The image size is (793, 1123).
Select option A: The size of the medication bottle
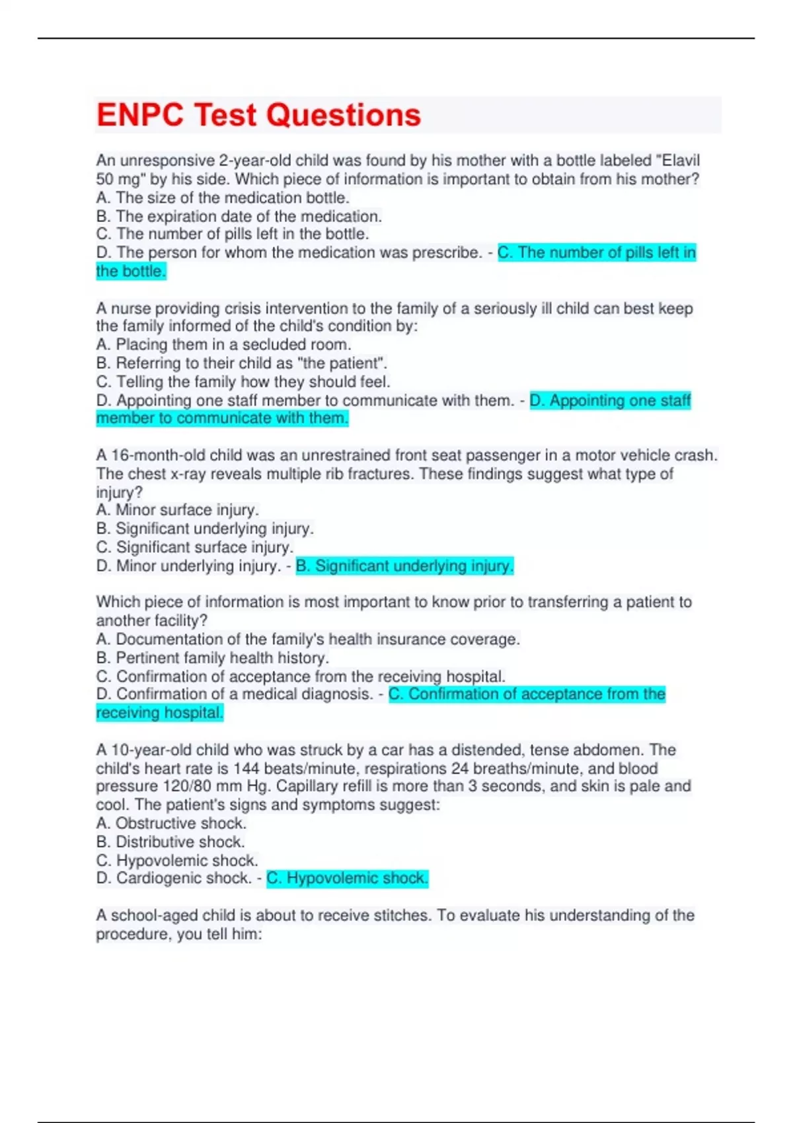pos(223,198)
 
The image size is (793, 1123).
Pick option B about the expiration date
pos(239,216)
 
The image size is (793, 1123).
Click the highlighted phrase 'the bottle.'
pos(131,271)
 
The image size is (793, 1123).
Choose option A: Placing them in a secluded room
pos(223,344)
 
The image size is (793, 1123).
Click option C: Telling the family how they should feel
pos(243,381)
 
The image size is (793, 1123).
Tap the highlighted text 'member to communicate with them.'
pos(222,418)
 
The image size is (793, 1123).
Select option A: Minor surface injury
pos(177,510)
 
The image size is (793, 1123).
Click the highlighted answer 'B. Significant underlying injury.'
pos(404,565)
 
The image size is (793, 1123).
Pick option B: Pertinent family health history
pos(212,657)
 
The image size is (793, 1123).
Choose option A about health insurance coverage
pos(308,639)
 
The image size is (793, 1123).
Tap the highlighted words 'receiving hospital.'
pos(160,713)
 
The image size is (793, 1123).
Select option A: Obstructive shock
pos(171,823)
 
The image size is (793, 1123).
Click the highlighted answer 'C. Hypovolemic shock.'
pos(348,878)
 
